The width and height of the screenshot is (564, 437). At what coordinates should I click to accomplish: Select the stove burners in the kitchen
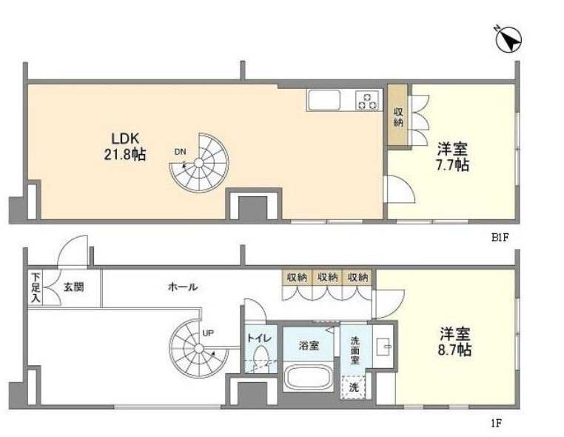[x=368, y=100]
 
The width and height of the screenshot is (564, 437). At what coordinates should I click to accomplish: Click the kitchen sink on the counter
[x=324, y=100]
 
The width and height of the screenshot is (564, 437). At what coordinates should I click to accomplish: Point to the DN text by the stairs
[x=180, y=153]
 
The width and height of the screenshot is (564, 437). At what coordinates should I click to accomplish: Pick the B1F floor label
[x=502, y=238]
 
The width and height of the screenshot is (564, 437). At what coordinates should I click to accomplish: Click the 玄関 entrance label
[x=73, y=286]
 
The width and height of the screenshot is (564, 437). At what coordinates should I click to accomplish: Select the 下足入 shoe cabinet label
[x=35, y=287]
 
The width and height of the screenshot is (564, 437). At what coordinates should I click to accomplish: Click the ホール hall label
[x=182, y=287]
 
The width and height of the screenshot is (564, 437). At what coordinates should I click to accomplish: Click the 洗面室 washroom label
[x=355, y=350]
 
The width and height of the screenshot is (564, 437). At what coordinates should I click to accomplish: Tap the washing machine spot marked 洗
[x=355, y=386]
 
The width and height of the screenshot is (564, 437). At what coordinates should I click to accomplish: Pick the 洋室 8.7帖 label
[x=453, y=341]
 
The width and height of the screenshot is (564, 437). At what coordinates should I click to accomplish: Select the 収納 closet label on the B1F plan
[x=398, y=116]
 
